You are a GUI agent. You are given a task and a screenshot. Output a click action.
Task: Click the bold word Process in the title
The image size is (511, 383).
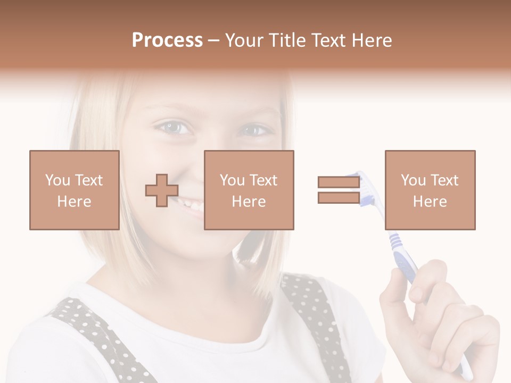pyautogui.click(x=167, y=40)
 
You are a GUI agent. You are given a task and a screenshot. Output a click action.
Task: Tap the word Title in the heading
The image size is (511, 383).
pyautogui.click(x=287, y=40)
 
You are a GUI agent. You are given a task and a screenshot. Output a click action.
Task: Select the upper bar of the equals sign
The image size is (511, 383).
pyautogui.click(x=339, y=182)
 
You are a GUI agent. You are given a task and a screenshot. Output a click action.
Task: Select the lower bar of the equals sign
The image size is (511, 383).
pyautogui.click(x=339, y=198)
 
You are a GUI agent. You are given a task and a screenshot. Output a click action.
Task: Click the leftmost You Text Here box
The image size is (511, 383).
pyautogui.click(x=74, y=190)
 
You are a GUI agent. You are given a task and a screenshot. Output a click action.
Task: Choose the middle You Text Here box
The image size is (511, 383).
pyautogui.click(x=249, y=190)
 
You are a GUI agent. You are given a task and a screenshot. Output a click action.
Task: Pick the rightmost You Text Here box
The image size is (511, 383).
pyautogui.click(x=430, y=190)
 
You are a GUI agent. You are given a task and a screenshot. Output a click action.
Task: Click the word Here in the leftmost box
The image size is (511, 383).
pyautogui.click(x=74, y=202)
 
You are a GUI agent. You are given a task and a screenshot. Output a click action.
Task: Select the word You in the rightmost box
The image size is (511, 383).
pyautogui.click(x=413, y=180)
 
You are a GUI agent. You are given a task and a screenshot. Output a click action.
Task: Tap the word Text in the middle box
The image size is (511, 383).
pyautogui.click(x=263, y=180)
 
